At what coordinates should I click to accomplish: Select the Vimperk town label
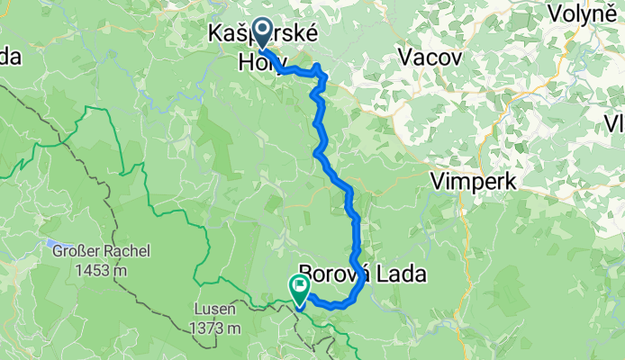[x=474, y=181]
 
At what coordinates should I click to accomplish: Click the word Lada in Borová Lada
[x=397, y=274]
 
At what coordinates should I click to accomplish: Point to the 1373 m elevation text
[x=215, y=328]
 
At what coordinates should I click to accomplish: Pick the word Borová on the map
[x=331, y=274]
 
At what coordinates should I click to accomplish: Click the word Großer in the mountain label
[x=74, y=251]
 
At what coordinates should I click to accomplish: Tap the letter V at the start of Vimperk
[x=439, y=181]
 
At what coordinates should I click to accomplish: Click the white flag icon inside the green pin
[x=300, y=286]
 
